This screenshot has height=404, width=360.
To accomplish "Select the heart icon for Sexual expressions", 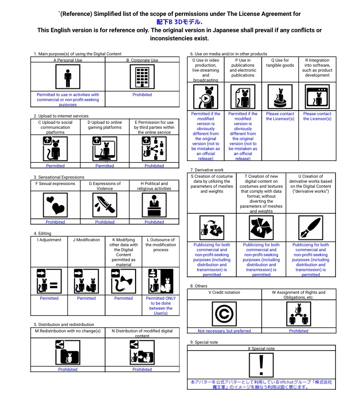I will [x=55, y=205].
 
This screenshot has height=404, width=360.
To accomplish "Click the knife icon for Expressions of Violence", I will [x=105, y=205].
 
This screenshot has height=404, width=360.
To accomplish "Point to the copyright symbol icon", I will [x=224, y=314].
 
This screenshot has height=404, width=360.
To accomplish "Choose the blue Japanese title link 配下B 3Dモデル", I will [x=180, y=22].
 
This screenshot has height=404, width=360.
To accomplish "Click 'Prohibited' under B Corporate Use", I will [x=142, y=95].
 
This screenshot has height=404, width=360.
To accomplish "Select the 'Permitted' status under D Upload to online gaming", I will [x=105, y=166].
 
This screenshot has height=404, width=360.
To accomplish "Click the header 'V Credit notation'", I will [x=224, y=292].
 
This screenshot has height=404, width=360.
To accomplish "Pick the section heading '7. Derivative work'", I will [x=207, y=170].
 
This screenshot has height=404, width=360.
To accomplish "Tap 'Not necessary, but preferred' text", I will [x=224, y=331].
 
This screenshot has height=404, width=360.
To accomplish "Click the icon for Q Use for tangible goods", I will [x=280, y=97].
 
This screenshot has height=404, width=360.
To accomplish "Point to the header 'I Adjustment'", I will [x=49, y=240].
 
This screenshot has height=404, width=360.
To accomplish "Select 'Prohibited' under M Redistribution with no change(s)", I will [x=68, y=370].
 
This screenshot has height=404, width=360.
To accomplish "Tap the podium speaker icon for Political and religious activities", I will [x=154, y=205].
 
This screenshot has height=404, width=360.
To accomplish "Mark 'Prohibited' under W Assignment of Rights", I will [x=298, y=331].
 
